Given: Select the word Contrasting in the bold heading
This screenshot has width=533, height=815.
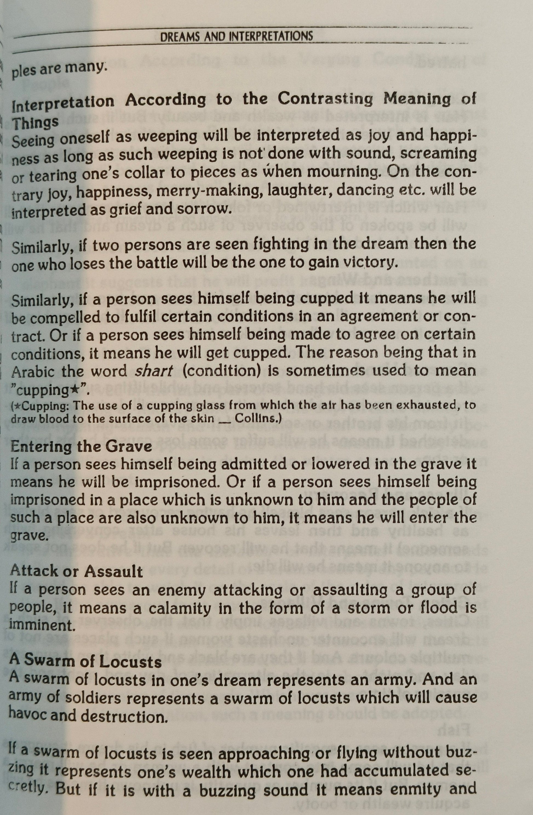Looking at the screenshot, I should pyautogui.click(x=325, y=99).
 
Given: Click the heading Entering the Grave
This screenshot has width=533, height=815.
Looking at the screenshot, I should pyautogui.click(x=81, y=447).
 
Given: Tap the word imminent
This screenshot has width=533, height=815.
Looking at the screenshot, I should pyautogui.click(x=42, y=625).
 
